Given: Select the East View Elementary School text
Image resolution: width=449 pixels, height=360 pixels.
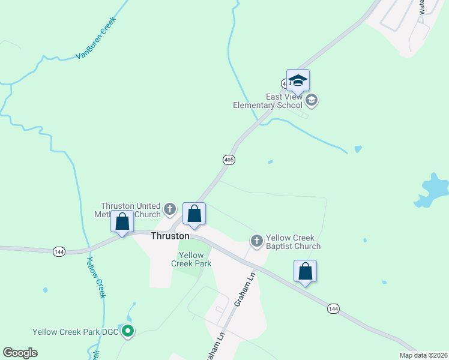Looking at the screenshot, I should tap(267, 101).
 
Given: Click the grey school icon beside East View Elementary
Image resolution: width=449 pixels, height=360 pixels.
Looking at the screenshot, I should tap(311, 100).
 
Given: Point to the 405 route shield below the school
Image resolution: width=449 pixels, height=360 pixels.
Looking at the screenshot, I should tap(229, 160).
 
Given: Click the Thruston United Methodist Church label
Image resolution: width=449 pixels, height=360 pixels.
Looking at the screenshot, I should tap(130, 210).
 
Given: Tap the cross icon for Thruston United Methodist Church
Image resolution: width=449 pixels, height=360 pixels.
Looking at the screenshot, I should tap(170, 209).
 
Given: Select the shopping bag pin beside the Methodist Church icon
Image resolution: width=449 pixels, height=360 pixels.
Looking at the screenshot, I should tap(194, 215).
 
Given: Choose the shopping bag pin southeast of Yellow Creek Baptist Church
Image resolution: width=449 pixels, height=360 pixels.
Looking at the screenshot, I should tap(305, 271).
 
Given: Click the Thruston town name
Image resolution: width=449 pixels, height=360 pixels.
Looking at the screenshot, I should tap(170, 236).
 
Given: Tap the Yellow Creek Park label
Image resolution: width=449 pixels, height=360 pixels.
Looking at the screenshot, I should tap(191, 259).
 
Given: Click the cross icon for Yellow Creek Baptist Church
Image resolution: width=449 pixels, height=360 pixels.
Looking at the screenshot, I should tap(257, 241).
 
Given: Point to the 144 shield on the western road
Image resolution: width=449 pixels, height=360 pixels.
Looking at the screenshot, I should tap(58, 251).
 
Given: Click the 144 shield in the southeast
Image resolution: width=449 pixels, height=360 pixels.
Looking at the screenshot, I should tap(334, 308).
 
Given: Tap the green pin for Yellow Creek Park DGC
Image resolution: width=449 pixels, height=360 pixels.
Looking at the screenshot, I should tap(127, 331).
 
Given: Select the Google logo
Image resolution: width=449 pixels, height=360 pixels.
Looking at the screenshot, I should tap(20, 353).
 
